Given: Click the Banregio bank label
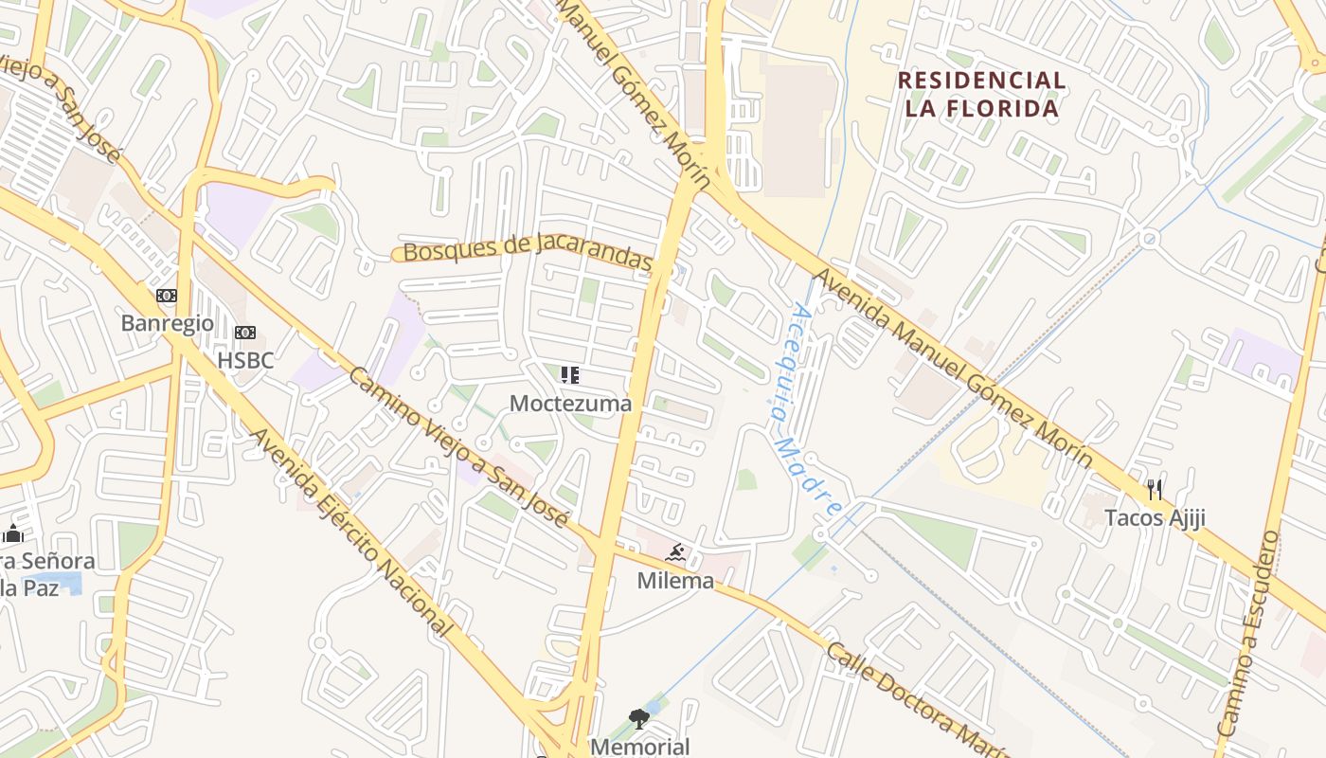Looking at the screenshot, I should tap(168, 323).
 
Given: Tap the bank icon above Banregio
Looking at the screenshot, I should tap(167, 297).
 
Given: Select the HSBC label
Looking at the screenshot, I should tap(245, 360).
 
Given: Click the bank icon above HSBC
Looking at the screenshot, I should tap(245, 333).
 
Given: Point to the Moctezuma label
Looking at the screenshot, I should tap(570, 404).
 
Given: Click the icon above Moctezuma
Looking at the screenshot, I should tap(569, 375).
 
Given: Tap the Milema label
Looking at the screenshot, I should tap(675, 581).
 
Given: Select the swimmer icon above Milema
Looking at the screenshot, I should tap(675, 553).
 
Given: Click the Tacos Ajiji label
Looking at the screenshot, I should tap(1155, 517).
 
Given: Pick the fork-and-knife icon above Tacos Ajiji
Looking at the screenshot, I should tap(1154, 490).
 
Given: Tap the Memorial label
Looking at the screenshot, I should tap(640, 747).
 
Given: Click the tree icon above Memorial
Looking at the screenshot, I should tap(640, 719).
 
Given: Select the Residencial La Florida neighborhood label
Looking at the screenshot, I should tap(981, 94).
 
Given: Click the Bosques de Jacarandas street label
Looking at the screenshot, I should tap(528, 251).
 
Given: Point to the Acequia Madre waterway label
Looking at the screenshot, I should tap(803, 409).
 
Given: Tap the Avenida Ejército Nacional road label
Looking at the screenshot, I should tap(350, 531).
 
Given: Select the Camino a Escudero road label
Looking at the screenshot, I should tap(1260, 635).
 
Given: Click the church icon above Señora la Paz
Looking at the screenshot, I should tap(12, 533).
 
